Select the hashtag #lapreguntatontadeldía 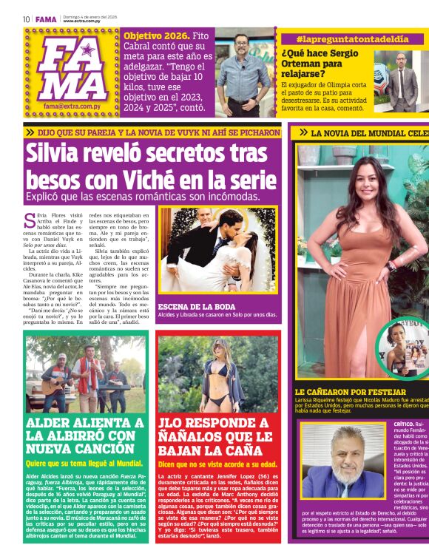[341, 38]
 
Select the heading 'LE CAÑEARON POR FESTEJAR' [350, 392]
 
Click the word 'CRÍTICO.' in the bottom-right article [405, 424]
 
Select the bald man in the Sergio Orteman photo [400, 74]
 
